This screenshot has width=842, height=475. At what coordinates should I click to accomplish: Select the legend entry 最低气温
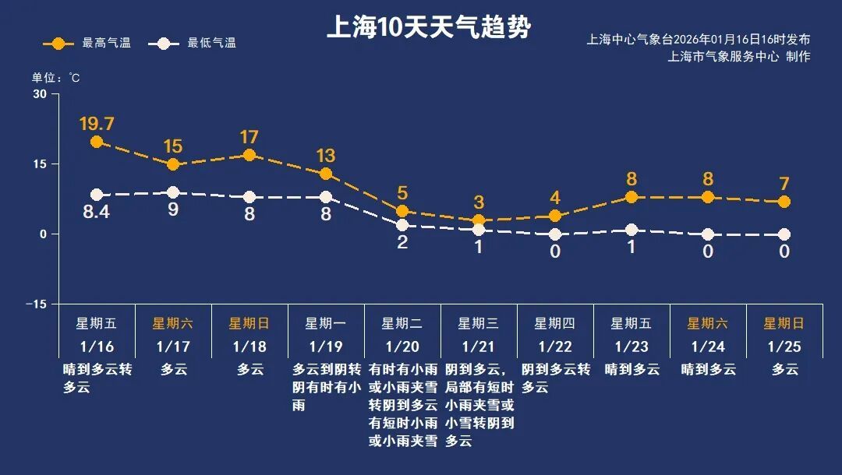pyautogui.click(x=196, y=44)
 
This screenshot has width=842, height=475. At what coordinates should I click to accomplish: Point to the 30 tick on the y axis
pyautogui.click(x=39, y=94)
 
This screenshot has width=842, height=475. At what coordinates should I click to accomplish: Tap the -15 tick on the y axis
pyautogui.click(x=36, y=304)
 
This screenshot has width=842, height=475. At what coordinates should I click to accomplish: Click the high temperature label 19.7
pyautogui.click(x=97, y=124)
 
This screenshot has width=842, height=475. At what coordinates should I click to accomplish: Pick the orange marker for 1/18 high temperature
pyautogui.click(x=249, y=155)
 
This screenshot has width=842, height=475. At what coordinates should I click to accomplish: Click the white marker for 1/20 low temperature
pyautogui.click(x=402, y=225)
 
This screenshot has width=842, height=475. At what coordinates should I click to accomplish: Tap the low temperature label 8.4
pyautogui.click(x=97, y=212)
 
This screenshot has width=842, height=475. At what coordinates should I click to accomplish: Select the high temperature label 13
pyautogui.click(x=326, y=155)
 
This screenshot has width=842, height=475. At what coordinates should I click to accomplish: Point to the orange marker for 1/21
pyautogui.click(x=479, y=220)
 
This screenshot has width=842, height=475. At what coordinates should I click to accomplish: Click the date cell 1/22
pyautogui.click(x=555, y=346)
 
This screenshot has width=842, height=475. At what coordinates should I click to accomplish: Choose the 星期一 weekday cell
pyautogui.click(x=326, y=323)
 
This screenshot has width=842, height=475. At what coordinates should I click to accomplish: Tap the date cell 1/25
pyautogui.click(x=784, y=346)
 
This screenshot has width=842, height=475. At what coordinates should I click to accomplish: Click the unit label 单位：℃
pyautogui.click(x=55, y=78)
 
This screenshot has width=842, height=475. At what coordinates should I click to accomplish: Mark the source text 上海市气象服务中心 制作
pyautogui.click(x=738, y=57)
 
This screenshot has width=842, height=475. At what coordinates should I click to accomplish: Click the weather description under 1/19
pyautogui.click(x=326, y=387)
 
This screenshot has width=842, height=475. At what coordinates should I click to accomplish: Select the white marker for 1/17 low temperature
pyautogui.click(x=173, y=192)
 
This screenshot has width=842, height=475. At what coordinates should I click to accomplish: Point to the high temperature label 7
pyautogui.click(x=784, y=185)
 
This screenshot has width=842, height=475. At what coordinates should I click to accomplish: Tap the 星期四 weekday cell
pyautogui.click(x=555, y=323)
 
